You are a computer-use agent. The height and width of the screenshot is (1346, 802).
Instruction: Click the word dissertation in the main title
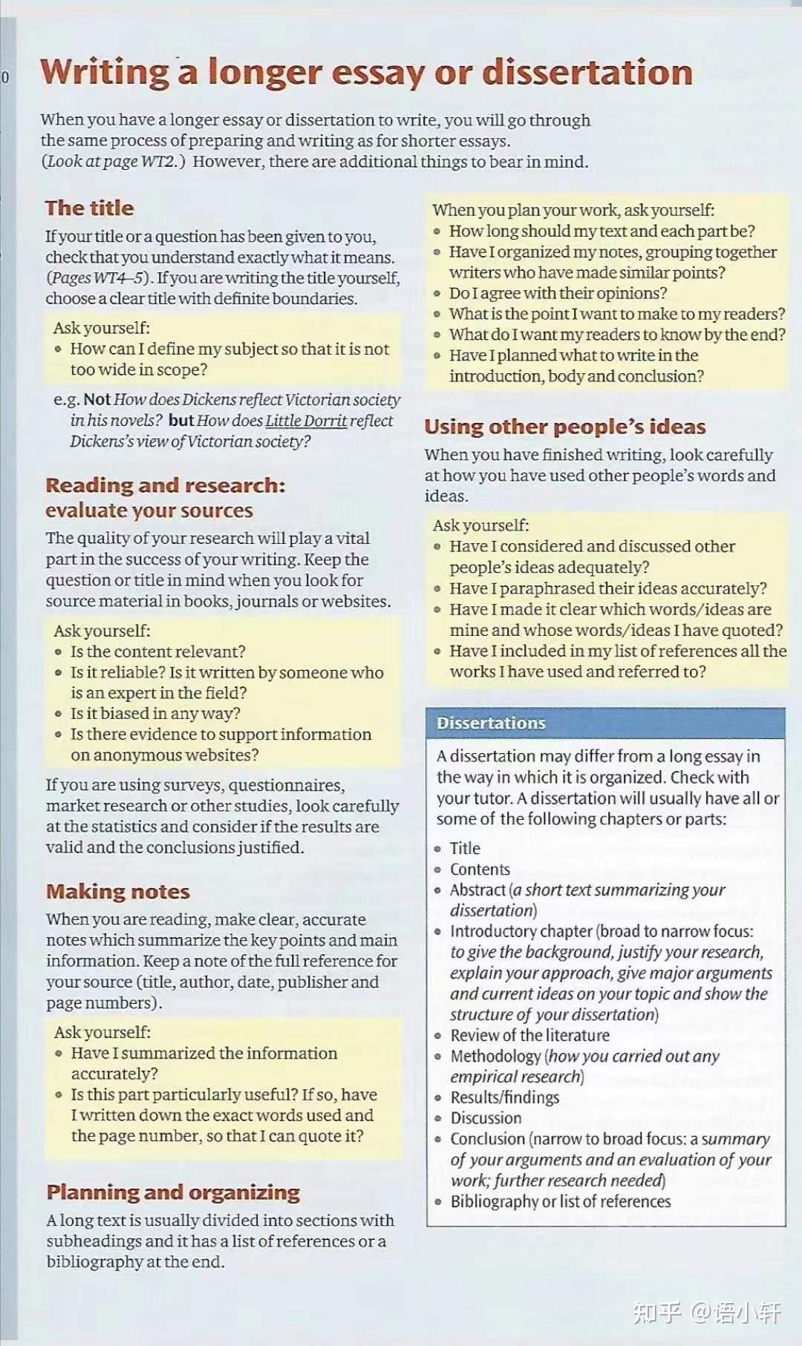click(587, 73)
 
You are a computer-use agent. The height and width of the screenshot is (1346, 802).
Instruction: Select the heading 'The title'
click(89, 208)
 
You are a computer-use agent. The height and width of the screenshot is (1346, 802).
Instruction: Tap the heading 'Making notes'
click(118, 891)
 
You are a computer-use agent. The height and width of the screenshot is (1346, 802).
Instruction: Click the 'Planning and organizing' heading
click(173, 1192)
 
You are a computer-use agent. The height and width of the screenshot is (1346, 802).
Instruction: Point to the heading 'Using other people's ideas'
click(564, 427)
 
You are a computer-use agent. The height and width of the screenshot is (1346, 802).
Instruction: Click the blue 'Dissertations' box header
click(605, 723)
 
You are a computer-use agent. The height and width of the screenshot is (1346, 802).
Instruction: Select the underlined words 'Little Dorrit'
click(306, 421)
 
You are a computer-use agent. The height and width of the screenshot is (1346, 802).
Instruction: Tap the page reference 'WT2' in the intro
click(158, 162)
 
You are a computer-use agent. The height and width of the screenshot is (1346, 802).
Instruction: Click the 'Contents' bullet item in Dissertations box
click(480, 869)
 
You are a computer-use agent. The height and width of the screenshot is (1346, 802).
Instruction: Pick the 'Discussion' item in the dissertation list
click(486, 1117)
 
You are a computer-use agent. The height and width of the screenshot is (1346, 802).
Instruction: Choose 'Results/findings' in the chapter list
click(505, 1097)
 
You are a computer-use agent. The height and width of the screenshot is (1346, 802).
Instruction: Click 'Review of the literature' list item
click(529, 1035)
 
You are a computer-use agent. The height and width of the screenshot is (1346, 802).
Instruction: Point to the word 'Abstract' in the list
click(477, 890)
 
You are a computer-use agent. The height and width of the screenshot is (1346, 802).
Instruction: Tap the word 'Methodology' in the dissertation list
click(495, 1056)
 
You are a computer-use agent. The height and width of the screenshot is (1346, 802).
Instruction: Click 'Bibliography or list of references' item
click(560, 1201)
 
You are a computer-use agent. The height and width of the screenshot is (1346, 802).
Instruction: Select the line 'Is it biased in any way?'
click(155, 713)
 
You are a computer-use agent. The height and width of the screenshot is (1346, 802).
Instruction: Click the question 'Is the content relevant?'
click(157, 651)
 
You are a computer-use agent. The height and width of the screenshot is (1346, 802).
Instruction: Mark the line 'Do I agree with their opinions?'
click(558, 293)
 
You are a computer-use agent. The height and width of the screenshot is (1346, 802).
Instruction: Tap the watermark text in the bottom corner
click(706, 1313)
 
